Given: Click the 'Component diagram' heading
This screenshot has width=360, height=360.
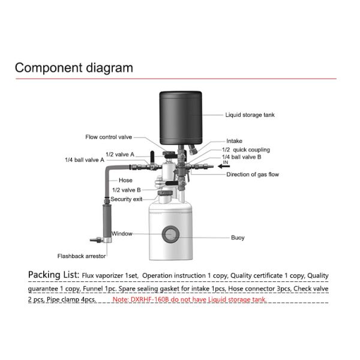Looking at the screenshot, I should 74,67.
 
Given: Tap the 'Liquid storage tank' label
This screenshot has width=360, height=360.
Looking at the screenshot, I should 250,115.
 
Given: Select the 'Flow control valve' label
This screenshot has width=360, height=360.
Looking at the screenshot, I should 109,137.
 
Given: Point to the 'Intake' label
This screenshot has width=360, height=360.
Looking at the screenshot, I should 235,141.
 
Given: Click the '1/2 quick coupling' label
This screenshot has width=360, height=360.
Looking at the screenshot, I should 246,149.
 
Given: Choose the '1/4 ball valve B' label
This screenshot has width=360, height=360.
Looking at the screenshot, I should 242,157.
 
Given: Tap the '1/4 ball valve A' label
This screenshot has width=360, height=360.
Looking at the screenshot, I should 85,160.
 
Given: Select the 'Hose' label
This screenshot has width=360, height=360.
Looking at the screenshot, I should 125,180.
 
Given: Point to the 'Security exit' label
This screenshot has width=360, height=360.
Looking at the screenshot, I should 126,199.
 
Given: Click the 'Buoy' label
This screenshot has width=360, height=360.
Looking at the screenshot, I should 238,238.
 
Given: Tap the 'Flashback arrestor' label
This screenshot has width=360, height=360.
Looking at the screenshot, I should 82,256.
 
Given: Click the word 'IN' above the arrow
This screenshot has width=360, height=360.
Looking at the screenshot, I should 226,163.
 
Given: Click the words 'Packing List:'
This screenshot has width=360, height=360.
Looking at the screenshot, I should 53,275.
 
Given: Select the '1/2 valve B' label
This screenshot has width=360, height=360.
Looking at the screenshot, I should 126,190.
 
